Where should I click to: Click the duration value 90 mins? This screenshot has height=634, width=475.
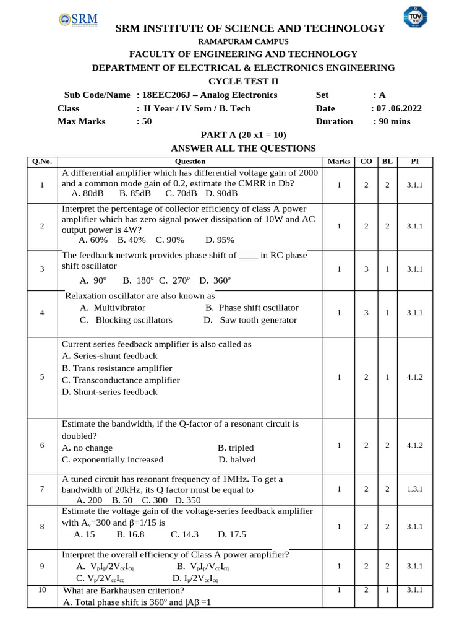[392, 121]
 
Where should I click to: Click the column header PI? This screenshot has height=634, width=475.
[414, 161]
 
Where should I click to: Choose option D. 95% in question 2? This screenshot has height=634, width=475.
[220, 239]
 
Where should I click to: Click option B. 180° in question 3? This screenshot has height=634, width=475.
[138, 280]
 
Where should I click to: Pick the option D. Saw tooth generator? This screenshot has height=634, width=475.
[241, 320]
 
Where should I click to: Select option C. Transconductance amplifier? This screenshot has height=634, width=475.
[121, 380]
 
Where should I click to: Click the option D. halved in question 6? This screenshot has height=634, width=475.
[237, 459]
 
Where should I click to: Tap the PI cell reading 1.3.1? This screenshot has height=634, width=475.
[414, 489]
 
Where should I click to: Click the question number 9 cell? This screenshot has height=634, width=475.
[41, 566]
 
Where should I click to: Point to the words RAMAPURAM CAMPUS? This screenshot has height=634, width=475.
[243, 41]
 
